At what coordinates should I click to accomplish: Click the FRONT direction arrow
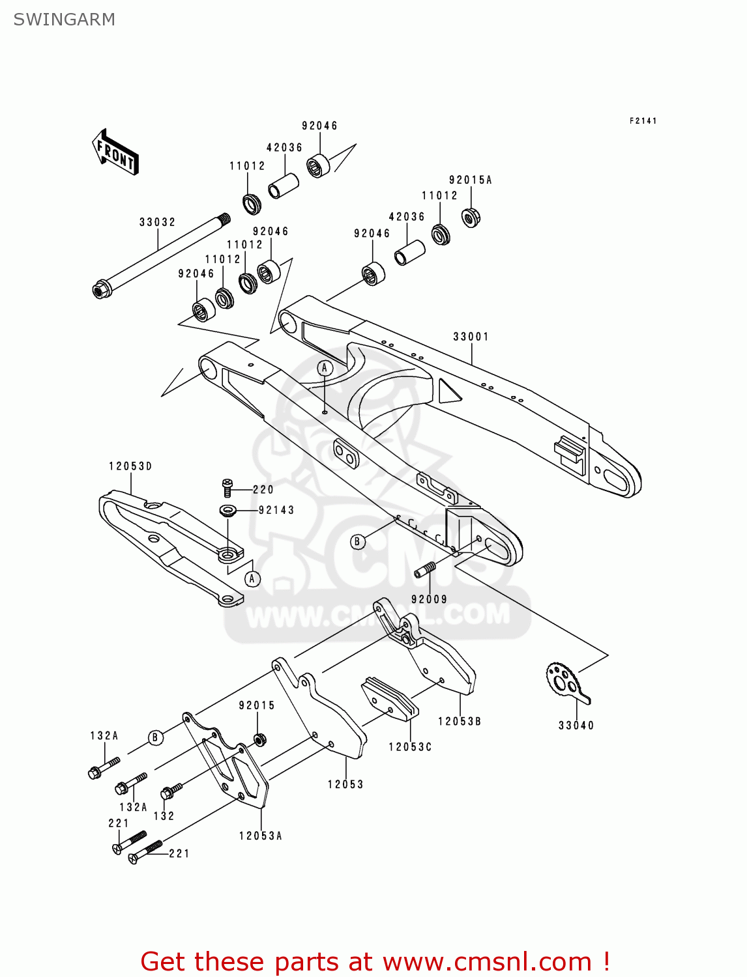(x=115, y=152)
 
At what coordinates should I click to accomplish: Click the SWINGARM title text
(x=64, y=20)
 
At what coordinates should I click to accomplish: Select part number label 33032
(x=157, y=222)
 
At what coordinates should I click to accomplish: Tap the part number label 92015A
(x=470, y=180)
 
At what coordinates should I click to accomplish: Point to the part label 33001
(x=471, y=337)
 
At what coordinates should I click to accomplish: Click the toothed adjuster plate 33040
(x=564, y=682)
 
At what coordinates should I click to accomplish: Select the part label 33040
(x=576, y=726)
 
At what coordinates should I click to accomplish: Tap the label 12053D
(x=130, y=466)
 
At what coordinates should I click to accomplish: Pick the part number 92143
(x=276, y=511)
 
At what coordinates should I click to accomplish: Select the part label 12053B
(x=459, y=722)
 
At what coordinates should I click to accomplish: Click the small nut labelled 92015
(x=258, y=739)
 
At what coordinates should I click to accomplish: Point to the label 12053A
(x=260, y=836)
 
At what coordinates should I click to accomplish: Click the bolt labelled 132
(x=171, y=792)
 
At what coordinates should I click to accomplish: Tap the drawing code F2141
(x=643, y=121)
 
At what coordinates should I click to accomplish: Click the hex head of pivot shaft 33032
(x=100, y=289)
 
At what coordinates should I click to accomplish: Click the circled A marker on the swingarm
(x=325, y=369)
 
